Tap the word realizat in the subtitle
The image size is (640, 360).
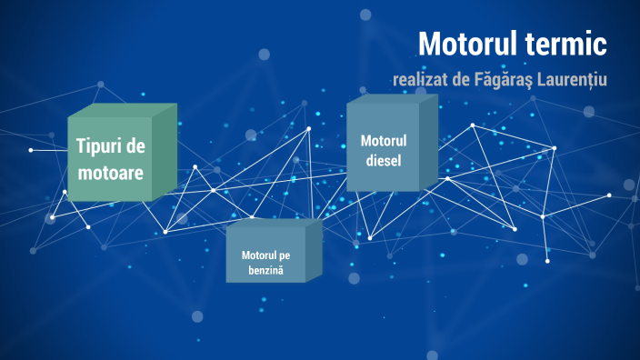(x=422, y=80)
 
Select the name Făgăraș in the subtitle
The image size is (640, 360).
(x=508, y=80)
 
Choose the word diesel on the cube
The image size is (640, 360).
(x=383, y=161)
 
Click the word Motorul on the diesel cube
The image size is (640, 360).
(x=383, y=141)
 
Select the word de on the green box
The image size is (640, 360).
(x=136, y=145)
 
